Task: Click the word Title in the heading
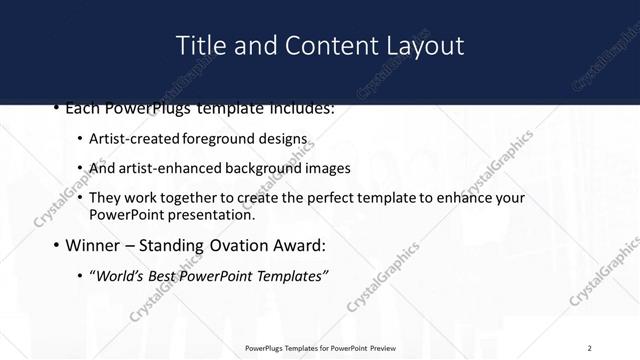coord(198,46)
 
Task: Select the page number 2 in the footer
coord(590,347)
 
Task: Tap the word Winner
coord(94,244)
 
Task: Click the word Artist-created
coord(130,138)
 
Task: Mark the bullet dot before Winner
coord(56,245)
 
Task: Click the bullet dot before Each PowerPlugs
coord(56,107)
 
